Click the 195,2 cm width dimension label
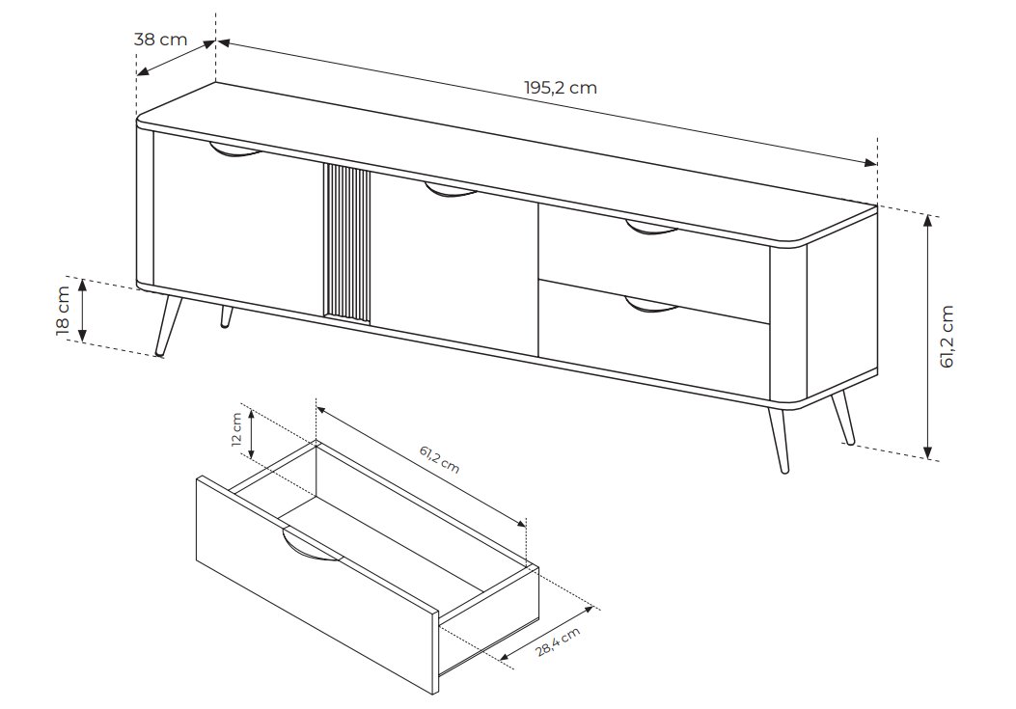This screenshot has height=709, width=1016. pyautogui.click(x=561, y=88)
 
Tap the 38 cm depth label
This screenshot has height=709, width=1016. pyautogui.click(x=161, y=39)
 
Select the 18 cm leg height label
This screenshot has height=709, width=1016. pyautogui.click(x=63, y=310)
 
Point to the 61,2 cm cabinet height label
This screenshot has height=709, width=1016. pyautogui.click(x=947, y=337)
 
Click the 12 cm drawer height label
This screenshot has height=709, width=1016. pyautogui.click(x=236, y=429)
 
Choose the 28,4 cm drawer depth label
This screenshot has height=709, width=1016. pyautogui.click(x=559, y=642)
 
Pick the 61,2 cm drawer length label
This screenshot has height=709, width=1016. pyautogui.click(x=439, y=459)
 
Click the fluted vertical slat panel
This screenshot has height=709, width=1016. pyautogui.click(x=346, y=243)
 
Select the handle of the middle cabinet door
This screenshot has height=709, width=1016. pyautogui.click(x=451, y=191)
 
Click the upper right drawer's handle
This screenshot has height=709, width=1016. pyautogui.click(x=652, y=228)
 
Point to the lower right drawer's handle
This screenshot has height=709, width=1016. pyautogui.click(x=652, y=305)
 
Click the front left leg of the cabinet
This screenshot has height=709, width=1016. pyautogui.click(x=169, y=325)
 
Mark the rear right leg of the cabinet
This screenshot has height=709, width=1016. pyautogui.click(x=843, y=418)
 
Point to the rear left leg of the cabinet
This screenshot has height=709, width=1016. pyautogui.click(x=226, y=316)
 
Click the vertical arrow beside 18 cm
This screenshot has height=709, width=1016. pyautogui.click(x=82, y=310)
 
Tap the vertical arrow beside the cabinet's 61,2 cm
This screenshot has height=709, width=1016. pyautogui.click(x=928, y=337)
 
